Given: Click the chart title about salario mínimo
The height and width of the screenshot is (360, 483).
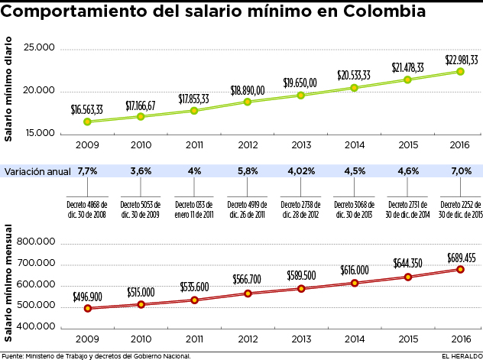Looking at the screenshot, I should pos(219,13).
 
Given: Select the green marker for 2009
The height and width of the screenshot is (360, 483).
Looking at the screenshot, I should pos(87,122).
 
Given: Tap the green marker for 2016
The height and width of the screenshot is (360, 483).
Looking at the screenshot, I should pos(460,71).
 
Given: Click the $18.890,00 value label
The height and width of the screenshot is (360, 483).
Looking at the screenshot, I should pos(248,90).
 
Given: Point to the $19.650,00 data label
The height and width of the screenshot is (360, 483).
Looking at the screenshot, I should pos(300,83).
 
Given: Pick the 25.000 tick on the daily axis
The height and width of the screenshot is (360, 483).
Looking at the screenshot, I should pos(40,49).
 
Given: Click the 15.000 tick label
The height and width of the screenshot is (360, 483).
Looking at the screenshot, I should pos(40,133).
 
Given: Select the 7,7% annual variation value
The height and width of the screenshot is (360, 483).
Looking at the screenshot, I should pos(87,171).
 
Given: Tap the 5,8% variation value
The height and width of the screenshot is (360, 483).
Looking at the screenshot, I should pos(248,171).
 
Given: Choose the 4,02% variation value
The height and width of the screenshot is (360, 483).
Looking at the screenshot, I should pos(300,171).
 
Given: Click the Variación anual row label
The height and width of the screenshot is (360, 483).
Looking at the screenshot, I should pos(37,171).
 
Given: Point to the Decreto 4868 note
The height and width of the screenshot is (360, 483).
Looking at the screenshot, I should pos(87,209).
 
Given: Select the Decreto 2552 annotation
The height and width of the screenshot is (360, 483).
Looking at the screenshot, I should pos(460,209).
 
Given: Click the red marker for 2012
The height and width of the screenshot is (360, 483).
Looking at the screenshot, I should pos(248,294).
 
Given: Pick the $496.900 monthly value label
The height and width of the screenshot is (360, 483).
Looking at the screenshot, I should pos(87,296).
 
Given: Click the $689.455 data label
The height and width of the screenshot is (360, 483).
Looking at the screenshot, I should pos(460,257).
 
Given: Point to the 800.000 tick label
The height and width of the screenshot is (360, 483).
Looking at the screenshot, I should pos(37,244).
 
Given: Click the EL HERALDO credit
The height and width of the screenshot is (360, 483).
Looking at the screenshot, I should pos(461,355).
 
